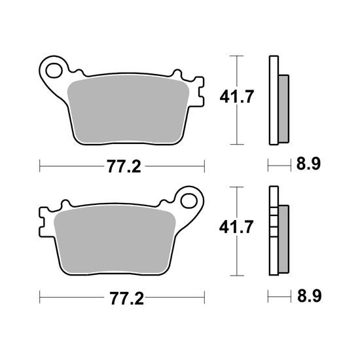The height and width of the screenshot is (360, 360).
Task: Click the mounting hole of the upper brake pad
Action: (x=54, y=70)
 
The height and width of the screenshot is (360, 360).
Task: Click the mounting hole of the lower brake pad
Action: (x=189, y=201)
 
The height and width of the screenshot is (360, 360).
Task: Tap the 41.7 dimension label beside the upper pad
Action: (x=237, y=97)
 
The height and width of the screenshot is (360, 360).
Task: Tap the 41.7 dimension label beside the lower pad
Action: (x=236, y=226)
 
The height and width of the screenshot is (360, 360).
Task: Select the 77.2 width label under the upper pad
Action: (x=124, y=166)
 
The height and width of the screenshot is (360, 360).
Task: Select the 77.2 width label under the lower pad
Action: (x=127, y=298)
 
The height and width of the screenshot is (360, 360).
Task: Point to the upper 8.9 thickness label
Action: (x=308, y=164)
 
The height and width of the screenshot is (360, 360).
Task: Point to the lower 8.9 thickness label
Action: (x=309, y=296)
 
